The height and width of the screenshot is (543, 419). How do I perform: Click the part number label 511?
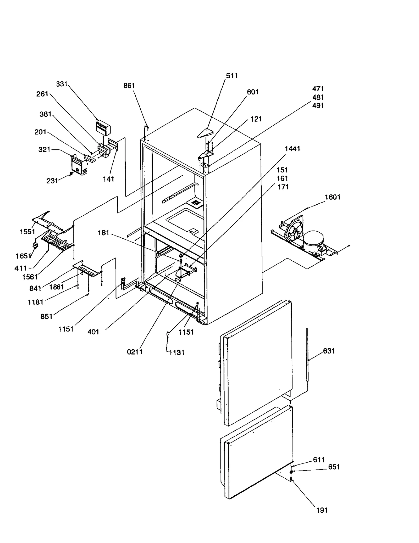tap(232, 76)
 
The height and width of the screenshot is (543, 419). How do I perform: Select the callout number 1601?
tap(332, 197)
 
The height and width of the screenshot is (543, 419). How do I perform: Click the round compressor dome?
tap(313, 239)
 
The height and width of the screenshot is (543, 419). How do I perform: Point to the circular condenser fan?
tap(294, 232)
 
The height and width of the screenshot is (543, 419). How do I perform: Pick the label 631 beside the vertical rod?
tap(329, 351)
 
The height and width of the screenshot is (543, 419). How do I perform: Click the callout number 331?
tap(62, 84)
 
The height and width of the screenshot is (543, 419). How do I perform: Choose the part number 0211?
tap(135, 352)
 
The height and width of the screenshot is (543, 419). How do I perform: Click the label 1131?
tap(177, 352)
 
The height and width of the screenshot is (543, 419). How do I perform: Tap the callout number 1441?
tap(292, 149)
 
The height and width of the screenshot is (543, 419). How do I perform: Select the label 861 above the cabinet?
tap(129, 86)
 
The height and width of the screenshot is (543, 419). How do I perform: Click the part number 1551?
tap(27, 232)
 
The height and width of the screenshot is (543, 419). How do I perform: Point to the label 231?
tap(52, 181)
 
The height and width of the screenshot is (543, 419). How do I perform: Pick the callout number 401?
tap(93, 332)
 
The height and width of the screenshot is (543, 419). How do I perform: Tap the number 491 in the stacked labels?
tap(318, 106)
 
